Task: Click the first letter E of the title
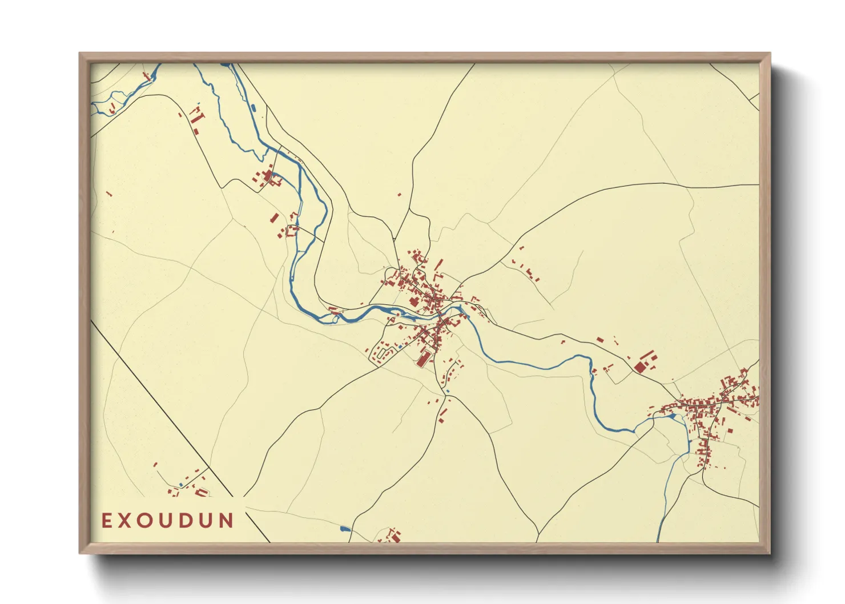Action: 107,521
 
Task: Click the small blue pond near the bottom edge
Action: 344,529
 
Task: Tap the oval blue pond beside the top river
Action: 253,107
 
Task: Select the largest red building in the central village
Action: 423,359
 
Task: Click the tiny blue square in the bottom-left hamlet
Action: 182,485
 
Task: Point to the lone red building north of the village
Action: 399,195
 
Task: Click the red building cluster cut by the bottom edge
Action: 393,537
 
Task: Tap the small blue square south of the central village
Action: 447,391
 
